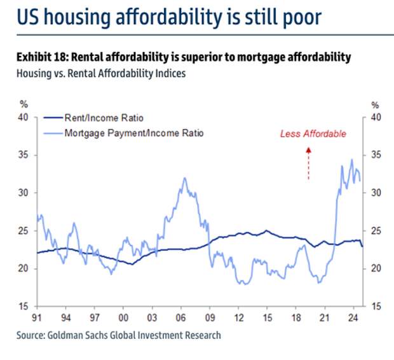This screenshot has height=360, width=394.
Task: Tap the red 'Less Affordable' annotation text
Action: coord(313,134)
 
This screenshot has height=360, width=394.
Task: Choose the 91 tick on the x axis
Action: coord(37,318)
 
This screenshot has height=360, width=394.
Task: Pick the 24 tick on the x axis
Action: coord(353,318)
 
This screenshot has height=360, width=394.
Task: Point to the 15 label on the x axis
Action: coord(267,318)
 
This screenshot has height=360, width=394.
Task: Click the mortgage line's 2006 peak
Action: coord(185,178)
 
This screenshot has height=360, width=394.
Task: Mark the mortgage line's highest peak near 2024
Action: coord(352,160)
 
